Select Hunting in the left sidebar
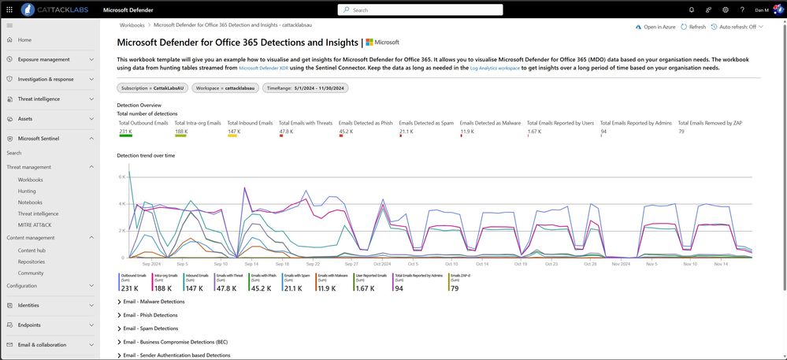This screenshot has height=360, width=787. [x=27, y=191]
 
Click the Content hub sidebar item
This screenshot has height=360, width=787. [x=32, y=250]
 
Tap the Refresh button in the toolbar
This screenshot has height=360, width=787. [x=693, y=27]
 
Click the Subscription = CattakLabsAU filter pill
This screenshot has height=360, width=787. [x=151, y=87]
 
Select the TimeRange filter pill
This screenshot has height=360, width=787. [x=305, y=87]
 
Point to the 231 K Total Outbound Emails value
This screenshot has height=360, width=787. [x=126, y=132]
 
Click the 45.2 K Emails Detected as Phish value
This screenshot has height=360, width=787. [x=346, y=132]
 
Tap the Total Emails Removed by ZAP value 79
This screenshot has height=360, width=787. [x=681, y=132]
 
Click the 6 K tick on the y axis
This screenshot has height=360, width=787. [x=121, y=176]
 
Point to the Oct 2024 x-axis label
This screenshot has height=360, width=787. [x=382, y=264]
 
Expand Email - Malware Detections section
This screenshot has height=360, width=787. [x=154, y=302]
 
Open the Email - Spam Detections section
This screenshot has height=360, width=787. [x=150, y=328]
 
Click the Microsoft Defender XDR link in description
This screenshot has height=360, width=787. [x=265, y=69]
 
